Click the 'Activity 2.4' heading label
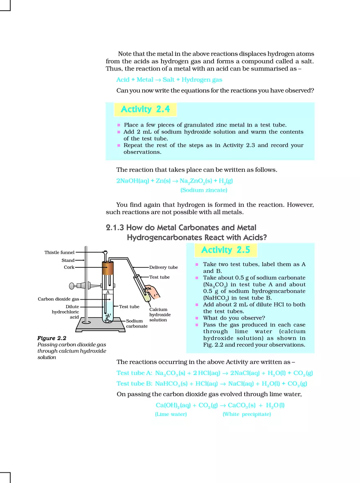[145, 109]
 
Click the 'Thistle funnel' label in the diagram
[59, 253]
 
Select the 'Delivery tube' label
[163, 267]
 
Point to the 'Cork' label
[69, 267]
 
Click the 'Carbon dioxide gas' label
[58, 299]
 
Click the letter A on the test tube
[108, 292]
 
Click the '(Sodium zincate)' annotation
[204, 190]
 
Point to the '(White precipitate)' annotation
[247, 414]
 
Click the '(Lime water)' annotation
[171, 414]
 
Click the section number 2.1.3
[115, 228]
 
